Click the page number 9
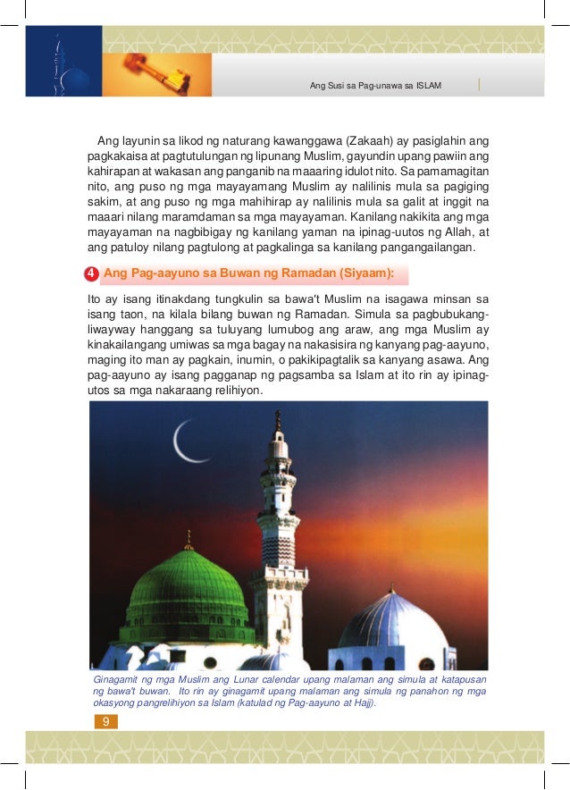[x=105, y=720]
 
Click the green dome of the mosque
[x=188, y=585]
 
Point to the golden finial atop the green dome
[x=188, y=539]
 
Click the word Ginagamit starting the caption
[x=118, y=680]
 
